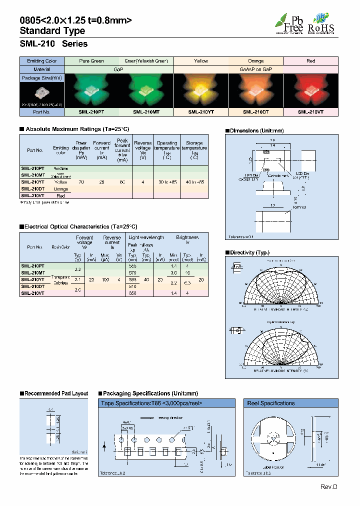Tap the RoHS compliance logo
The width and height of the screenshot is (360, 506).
point(320,23)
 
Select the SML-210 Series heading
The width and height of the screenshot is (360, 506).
point(53,44)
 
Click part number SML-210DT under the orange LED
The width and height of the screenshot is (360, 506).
point(256,112)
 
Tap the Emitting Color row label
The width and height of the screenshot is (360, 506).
point(42,61)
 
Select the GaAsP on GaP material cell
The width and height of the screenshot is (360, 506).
point(256,69)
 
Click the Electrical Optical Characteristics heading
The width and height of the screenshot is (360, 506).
point(80,226)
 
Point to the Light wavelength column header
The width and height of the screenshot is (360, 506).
point(146,237)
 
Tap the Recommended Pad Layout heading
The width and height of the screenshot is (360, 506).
point(56,394)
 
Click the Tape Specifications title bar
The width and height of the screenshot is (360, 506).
point(167,403)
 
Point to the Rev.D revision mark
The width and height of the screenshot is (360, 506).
point(329,487)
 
